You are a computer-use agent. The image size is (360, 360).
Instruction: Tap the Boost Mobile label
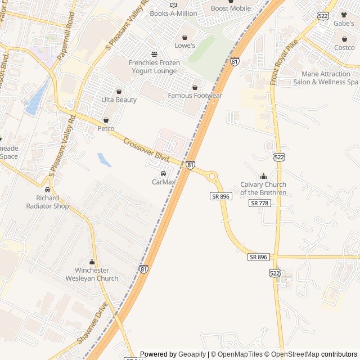(231, 8)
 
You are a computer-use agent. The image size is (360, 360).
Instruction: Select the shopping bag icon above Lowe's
(184, 37)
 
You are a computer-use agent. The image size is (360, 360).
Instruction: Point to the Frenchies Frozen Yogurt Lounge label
(152, 67)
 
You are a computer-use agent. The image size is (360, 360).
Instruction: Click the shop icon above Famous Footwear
(195, 87)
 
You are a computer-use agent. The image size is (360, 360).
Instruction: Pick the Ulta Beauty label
(119, 100)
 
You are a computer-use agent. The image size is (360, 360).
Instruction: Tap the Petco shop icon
(106, 120)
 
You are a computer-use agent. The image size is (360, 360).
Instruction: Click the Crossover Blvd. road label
(146, 151)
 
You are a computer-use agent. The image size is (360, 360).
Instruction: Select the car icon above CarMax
(163, 173)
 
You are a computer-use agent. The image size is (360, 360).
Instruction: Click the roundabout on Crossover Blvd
(213, 176)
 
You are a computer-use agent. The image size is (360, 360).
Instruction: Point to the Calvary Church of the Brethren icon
(263, 177)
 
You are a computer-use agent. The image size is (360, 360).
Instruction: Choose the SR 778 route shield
(260, 203)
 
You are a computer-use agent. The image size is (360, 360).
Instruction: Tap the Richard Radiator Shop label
(47, 202)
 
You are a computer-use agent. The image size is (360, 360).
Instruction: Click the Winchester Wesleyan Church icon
(92, 262)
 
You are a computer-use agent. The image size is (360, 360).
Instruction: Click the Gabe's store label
(343, 23)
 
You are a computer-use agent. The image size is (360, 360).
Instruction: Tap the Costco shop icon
(344, 39)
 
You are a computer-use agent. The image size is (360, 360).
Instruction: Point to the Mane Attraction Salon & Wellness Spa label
(325, 78)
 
